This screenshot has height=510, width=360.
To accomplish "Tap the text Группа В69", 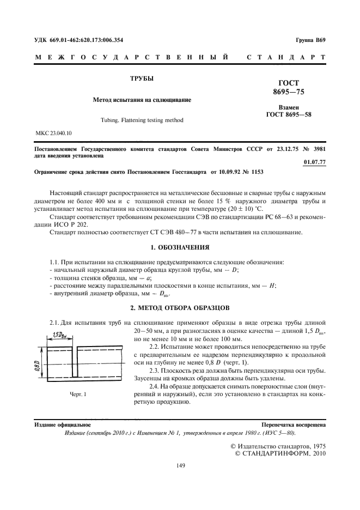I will [310, 40].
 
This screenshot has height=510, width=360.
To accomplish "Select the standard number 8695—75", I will [288, 92].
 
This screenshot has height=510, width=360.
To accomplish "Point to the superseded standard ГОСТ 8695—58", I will [288, 115].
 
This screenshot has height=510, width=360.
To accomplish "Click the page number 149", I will [180, 465].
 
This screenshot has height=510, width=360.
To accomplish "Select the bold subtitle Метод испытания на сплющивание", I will [141, 100].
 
